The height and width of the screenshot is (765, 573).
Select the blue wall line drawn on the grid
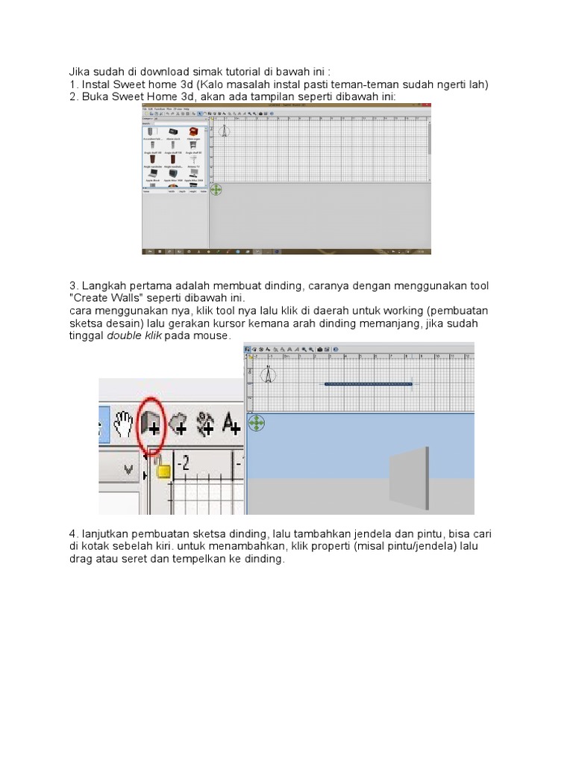[x=368, y=384]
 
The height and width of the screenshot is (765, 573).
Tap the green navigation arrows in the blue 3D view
[x=256, y=424]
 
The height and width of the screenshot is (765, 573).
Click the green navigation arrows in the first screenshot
[x=216, y=190]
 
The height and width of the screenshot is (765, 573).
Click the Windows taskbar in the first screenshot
[x=286, y=251]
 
